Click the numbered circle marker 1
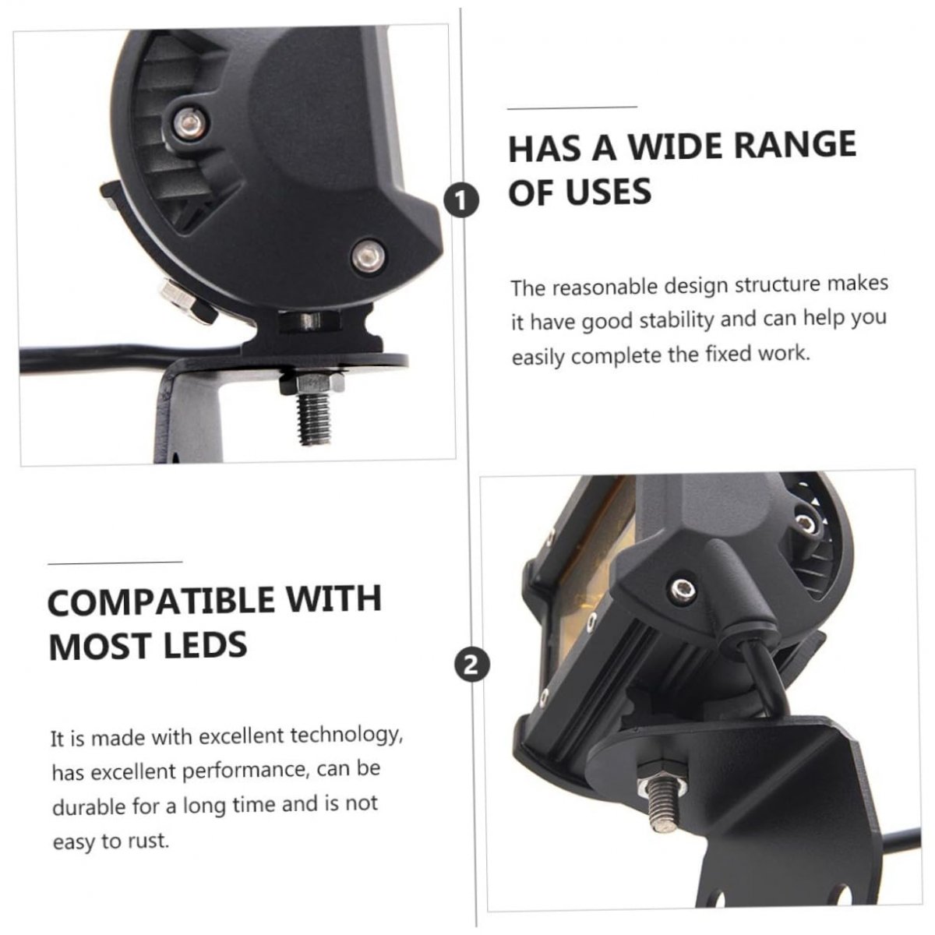pos(461,200)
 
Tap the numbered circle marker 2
pos(472,665)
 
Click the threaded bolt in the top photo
pos(315,415)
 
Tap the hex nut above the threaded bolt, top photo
pos(312,380)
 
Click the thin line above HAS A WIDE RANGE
pos(572,108)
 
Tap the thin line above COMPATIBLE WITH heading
pos(115,563)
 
